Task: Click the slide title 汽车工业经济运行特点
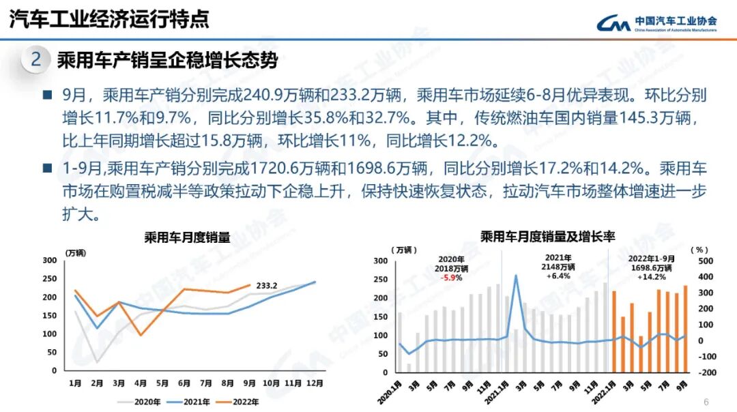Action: (x=109, y=20)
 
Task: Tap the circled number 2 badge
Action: (x=36, y=60)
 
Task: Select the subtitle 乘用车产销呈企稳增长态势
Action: (x=167, y=61)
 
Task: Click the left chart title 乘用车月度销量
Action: (x=187, y=238)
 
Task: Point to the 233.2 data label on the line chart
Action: (x=266, y=286)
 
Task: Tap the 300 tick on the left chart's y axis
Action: (x=49, y=261)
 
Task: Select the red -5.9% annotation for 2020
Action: (x=451, y=278)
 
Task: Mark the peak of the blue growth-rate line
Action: (x=516, y=275)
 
